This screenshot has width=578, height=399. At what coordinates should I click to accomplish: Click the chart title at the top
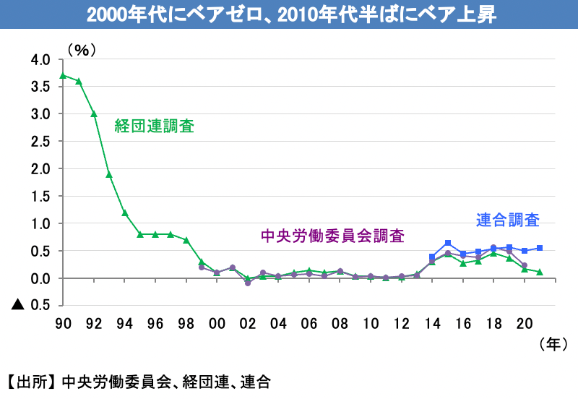(x=289, y=15)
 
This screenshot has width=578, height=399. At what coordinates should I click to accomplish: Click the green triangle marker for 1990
(x=63, y=75)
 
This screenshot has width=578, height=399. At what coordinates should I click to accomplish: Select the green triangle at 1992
(x=94, y=113)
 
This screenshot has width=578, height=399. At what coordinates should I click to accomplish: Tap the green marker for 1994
(x=124, y=213)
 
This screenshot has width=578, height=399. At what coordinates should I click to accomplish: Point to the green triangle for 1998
(x=186, y=240)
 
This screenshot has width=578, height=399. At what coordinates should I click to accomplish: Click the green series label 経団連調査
(x=155, y=126)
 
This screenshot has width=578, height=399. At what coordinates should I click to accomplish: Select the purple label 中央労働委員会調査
(x=332, y=236)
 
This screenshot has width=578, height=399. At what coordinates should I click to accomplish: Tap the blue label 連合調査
(x=508, y=218)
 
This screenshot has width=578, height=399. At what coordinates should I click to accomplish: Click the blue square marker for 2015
(x=448, y=243)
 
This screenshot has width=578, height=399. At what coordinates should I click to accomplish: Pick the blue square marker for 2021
(x=540, y=248)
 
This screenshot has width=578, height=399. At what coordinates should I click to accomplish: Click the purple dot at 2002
(x=247, y=283)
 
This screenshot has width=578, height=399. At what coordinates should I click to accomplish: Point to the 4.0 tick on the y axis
(x=40, y=59)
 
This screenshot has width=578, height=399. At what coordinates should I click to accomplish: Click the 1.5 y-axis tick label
(x=40, y=196)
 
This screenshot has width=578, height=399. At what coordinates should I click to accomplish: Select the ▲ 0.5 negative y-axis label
(x=31, y=305)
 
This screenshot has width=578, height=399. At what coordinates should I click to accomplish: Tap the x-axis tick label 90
(x=63, y=324)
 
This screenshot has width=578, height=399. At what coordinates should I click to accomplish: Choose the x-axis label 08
(x=340, y=324)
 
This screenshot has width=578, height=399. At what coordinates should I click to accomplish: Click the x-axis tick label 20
(x=525, y=324)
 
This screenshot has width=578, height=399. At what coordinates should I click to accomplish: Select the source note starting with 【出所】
(x=137, y=382)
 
